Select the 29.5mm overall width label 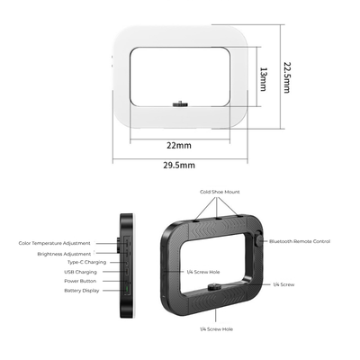coord(179,165)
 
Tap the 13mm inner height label coord(264,76)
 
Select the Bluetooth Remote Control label coord(300,241)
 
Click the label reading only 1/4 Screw coord(283,283)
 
